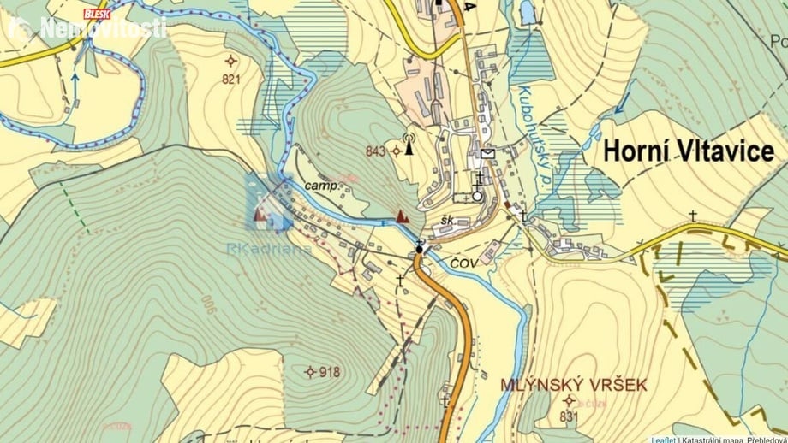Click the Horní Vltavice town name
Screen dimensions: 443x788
coord(689,151)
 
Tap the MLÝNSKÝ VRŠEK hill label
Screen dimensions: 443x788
coord(573,385)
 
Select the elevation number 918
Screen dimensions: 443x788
coord(330,372)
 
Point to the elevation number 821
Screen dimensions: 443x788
coord(230,80)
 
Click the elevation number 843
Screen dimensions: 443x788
coord(375,151)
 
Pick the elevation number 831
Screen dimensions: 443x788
coord(570,416)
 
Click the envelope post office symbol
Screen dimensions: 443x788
coord(487,154)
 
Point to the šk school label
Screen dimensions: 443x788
coord(446,221)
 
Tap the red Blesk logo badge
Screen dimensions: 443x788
coord(97,14)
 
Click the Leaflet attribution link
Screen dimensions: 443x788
coord(662,440)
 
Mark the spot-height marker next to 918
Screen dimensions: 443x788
coord(310,371)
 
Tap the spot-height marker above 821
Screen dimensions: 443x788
coord(230,60)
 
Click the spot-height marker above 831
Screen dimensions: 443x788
coord(569,400)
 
